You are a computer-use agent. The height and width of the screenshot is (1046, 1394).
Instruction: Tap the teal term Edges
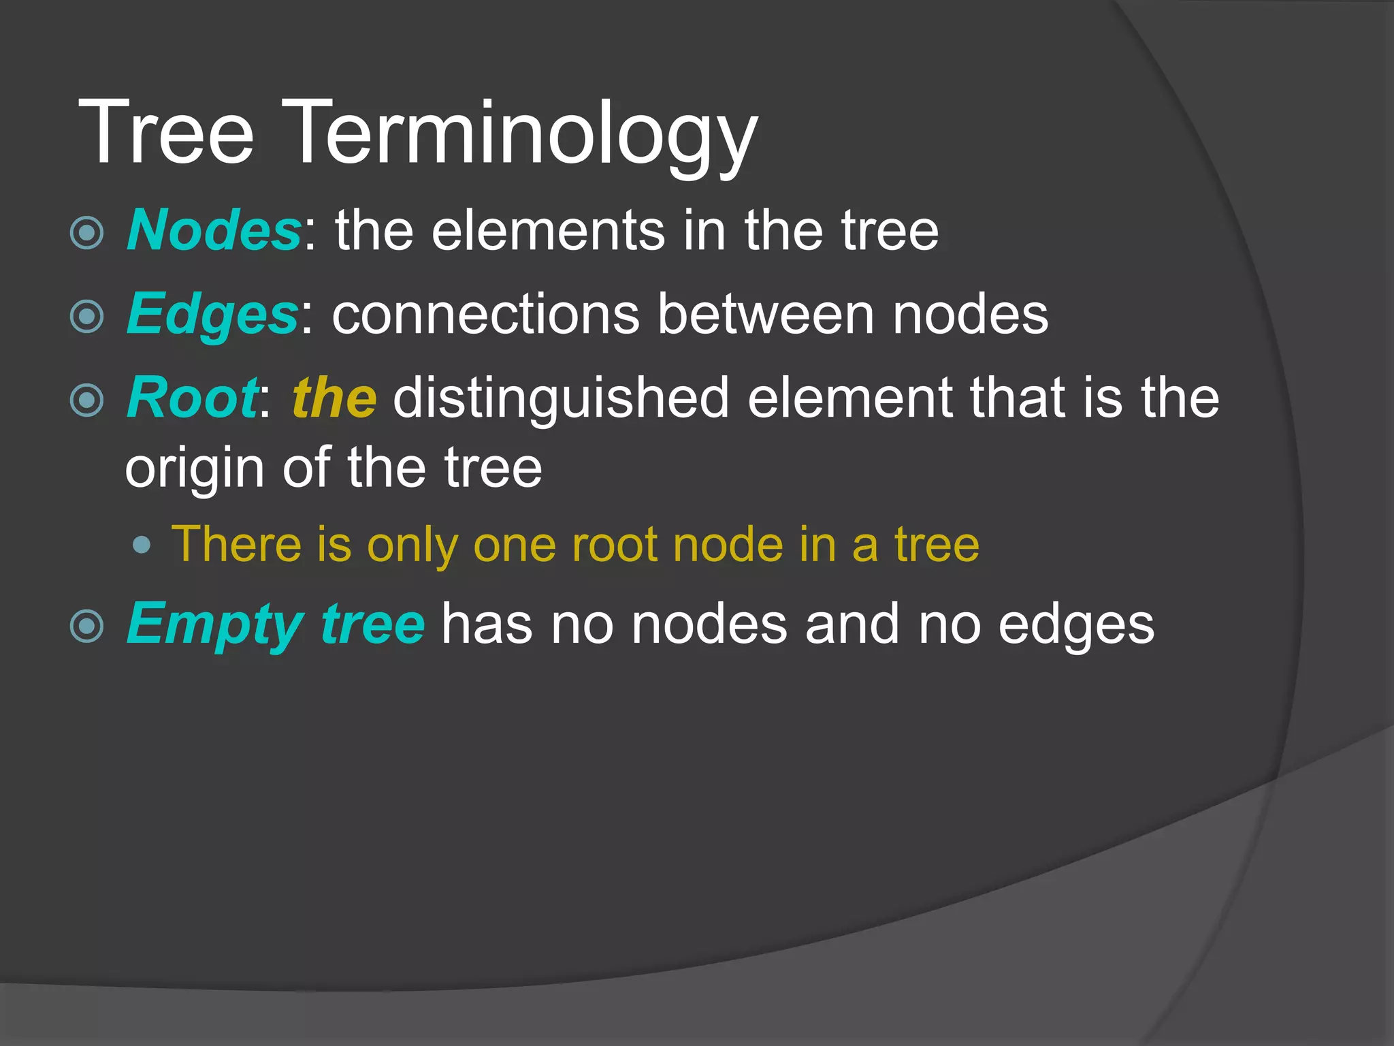[212, 315]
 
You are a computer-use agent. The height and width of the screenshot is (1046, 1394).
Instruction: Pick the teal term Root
[192, 398]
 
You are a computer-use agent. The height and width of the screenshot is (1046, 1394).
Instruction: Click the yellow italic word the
[334, 398]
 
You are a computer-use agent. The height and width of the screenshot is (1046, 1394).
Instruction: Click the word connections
[485, 315]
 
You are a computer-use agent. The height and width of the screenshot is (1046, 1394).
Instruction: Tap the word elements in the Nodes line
[547, 231]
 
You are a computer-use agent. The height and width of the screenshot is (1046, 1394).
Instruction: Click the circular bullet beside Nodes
[87, 233]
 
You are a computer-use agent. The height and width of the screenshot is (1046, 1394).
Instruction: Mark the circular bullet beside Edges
[87, 317]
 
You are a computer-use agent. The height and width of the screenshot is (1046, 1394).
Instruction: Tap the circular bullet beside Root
[87, 400]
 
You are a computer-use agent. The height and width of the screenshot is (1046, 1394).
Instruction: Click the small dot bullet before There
[142, 545]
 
